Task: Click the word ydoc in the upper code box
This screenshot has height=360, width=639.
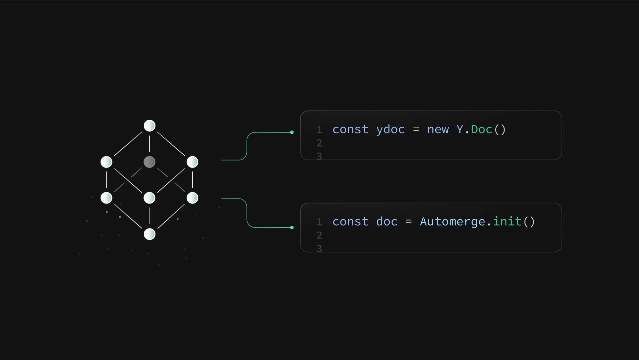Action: click(x=390, y=130)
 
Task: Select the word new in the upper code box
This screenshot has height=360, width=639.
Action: click(x=438, y=130)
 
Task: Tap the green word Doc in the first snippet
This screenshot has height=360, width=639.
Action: click(x=482, y=129)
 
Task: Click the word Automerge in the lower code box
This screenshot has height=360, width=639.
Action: click(x=452, y=222)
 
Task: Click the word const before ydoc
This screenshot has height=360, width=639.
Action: click(x=350, y=130)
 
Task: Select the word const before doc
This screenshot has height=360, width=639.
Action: click(x=350, y=222)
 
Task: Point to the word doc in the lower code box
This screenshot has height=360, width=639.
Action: click(x=387, y=221)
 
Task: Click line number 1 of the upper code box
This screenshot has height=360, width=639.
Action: click(x=319, y=130)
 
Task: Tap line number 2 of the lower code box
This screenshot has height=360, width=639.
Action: click(x=319, y=235)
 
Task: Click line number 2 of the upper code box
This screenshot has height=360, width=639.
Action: click(x=319, y=143)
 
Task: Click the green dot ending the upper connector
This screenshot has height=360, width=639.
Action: click(x=292, y=133)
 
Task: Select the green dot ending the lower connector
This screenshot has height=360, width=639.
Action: click(x=292, y=228)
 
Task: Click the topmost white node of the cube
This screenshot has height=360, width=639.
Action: click(x=149, y=126)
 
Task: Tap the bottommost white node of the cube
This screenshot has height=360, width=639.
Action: click(x=149, y=234)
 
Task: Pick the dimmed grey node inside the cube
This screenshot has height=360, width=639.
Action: click(x=149, y=162)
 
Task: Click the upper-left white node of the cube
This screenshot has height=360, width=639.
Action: click(x=106, y=162)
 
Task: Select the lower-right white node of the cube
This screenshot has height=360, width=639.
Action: click(x=192, y=198)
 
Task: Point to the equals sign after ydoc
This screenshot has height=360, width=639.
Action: click(x=416, y=130)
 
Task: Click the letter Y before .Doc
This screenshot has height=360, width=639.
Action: click(x=460, y=129)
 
